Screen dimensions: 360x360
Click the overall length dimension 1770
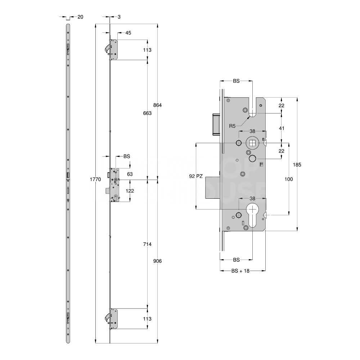tap(95, 179)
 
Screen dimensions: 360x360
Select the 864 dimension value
tap(158, 105)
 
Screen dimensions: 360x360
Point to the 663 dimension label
tap(147, 113)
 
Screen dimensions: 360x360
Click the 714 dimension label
tap(147, 244)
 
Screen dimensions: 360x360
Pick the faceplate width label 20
tap(80, 17)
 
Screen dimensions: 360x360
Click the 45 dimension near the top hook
tap(128, 33)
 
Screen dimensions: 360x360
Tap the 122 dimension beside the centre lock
tap(130, 191)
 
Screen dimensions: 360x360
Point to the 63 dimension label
tap(130, 174)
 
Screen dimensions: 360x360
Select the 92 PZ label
tap(196, 176)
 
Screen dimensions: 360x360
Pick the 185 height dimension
tap(297, 165)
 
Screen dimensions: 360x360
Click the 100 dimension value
tap(289, 179)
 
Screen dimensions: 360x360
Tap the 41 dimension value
tap(282, 128)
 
